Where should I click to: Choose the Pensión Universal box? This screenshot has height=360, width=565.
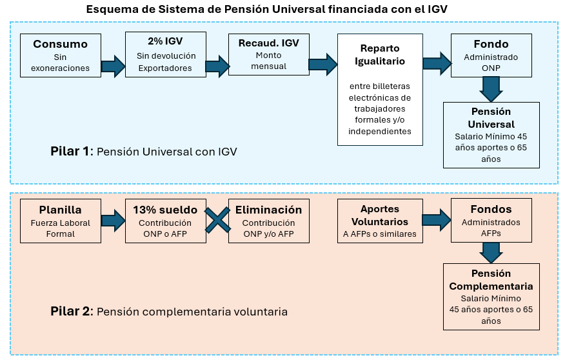491,135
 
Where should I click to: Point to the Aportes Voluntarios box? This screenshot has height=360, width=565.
380,221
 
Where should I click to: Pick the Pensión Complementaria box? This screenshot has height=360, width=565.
491,296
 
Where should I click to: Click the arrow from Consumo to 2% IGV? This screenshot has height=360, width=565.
114,66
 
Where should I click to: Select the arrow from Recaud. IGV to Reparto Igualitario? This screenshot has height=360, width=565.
323,64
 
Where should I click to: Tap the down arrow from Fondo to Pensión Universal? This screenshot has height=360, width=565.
491,88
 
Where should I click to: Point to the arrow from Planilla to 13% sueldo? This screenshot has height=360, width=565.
114,221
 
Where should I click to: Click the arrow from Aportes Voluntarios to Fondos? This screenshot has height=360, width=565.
437,219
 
